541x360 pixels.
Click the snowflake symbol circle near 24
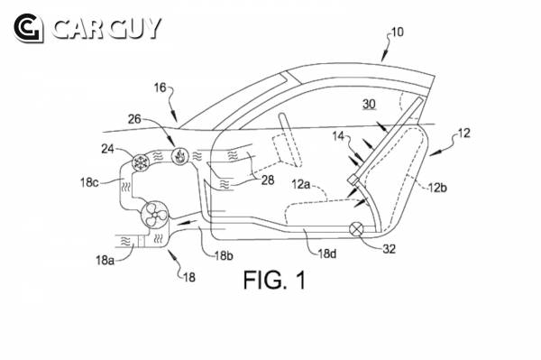[x=141, y=162]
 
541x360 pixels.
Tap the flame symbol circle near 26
[x=179, y=156]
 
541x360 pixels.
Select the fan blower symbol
[x=155, y=214]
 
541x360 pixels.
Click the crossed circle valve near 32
[x=356, y=229]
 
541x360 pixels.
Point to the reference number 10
[x=397, y=32]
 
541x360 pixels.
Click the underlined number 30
[x=369, y=104]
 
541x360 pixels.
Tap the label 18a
[x=105, y=260]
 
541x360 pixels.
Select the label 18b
[x=224, y=255]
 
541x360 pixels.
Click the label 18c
[x=89, y=182]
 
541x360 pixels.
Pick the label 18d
[x=327, y=254]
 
